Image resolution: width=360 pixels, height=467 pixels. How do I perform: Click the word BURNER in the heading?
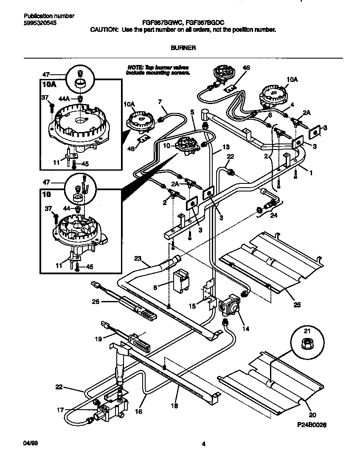tap(183, 48)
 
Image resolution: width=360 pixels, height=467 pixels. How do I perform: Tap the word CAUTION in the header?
tap(104, 30)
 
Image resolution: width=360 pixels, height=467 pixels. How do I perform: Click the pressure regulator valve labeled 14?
tap(230, 304)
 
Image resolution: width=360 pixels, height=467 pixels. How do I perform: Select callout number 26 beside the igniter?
tap(96, 302)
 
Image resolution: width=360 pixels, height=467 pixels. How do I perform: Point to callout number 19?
tap(98, 339)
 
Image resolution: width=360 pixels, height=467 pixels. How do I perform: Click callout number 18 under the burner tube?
tap(174, 406)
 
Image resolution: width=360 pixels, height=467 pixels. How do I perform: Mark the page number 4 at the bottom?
tap(204, 444)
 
